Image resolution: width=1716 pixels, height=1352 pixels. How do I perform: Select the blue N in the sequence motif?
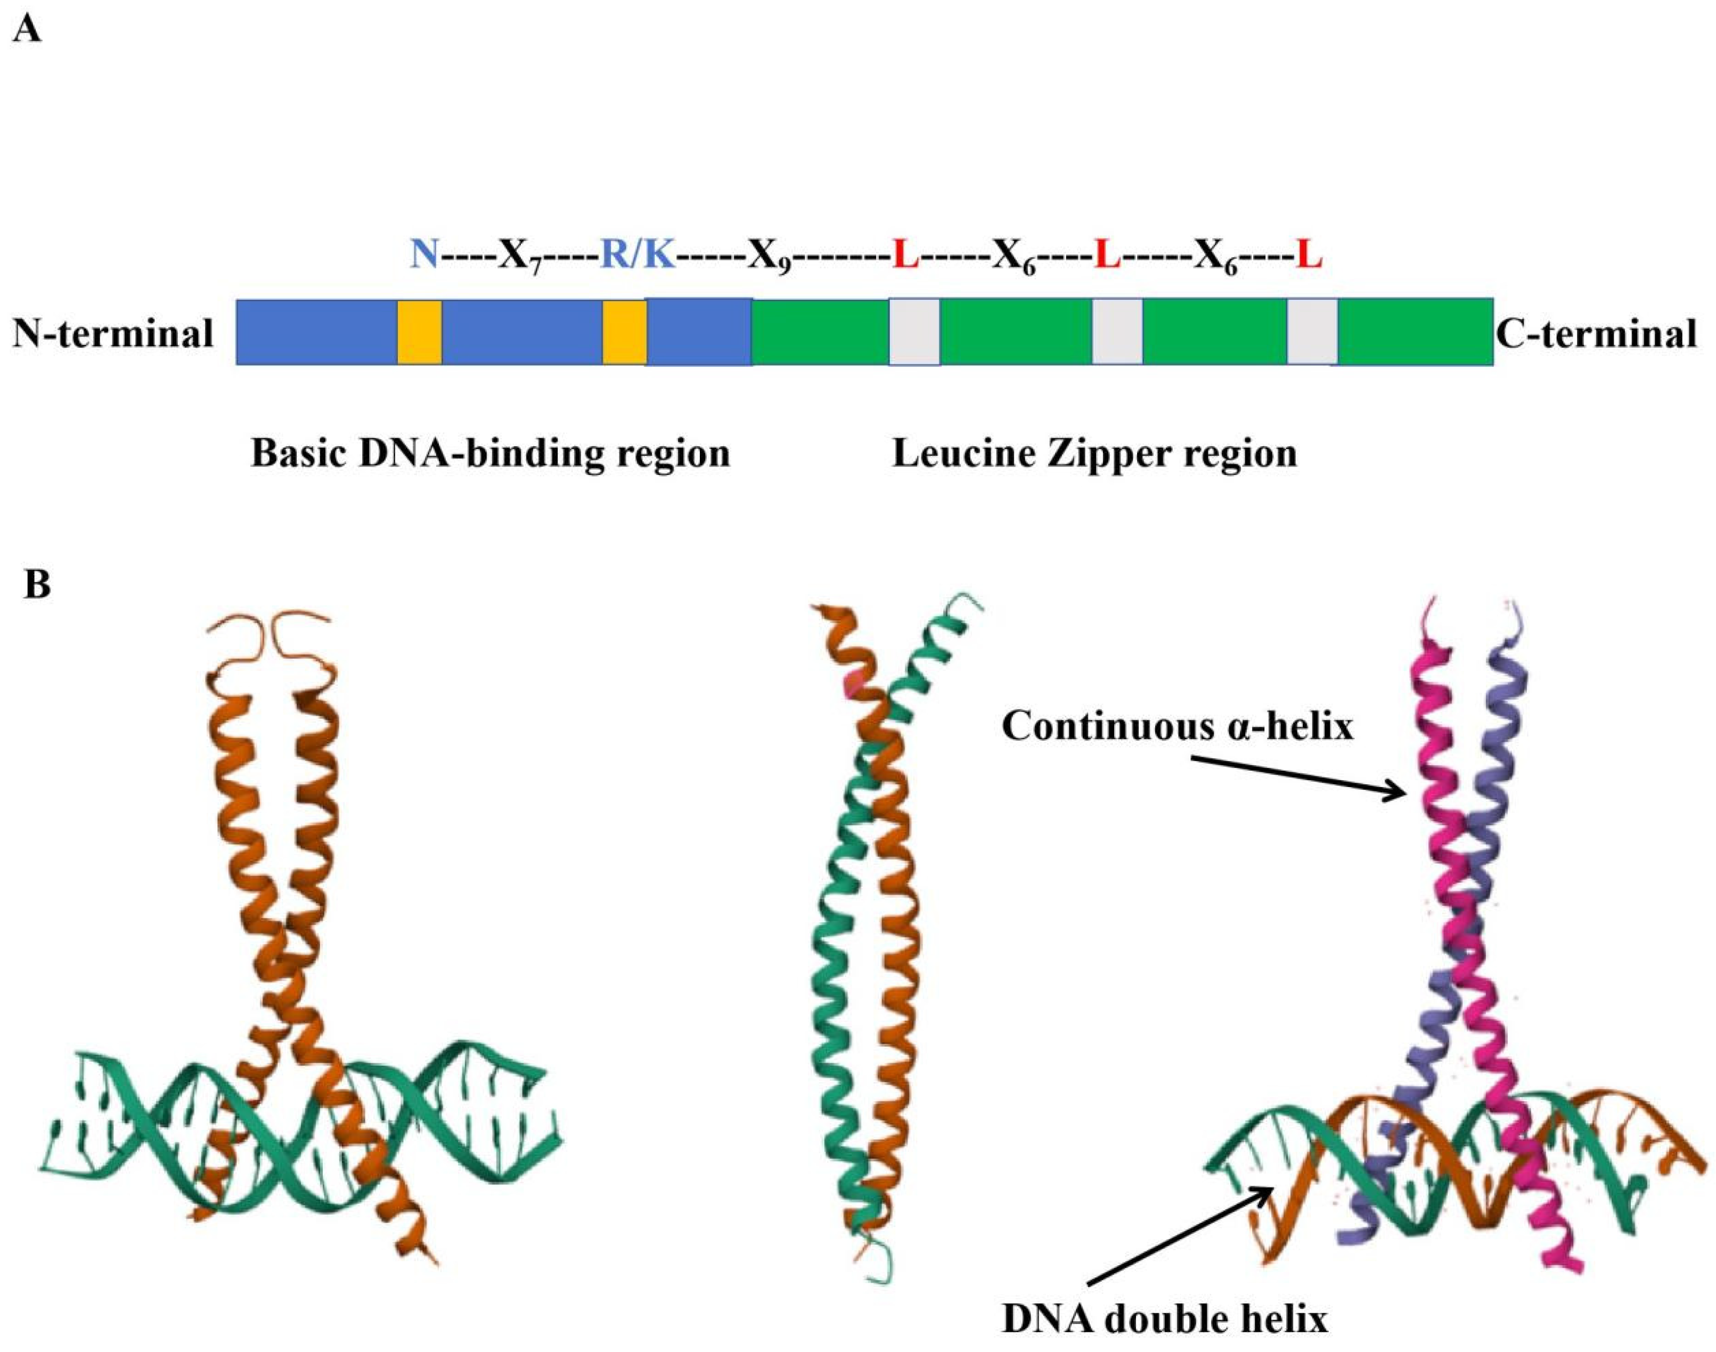[x=424, y=257]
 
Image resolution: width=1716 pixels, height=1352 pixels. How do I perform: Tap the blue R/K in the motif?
[x=638, y=257]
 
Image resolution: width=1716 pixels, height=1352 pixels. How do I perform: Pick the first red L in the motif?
[x=905, y=257]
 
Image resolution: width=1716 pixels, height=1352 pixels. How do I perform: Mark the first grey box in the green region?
[x=914, y=332]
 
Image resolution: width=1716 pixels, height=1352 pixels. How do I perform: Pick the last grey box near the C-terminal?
[x=1312, y=332]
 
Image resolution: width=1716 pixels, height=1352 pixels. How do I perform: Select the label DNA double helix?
[x=1164, y=1320]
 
